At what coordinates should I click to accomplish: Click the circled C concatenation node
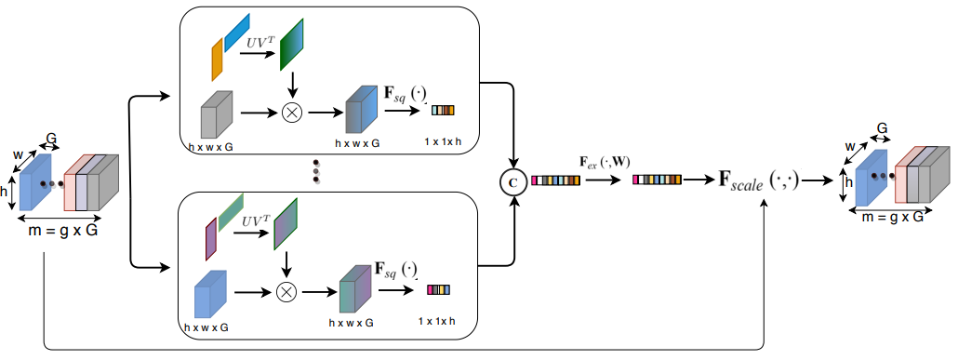click(512, 180)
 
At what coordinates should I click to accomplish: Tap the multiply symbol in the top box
click(292, 113)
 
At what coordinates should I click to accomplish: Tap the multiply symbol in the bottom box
click(286, 292)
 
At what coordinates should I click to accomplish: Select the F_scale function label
click(759, 180)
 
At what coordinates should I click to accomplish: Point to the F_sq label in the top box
click(404, 95)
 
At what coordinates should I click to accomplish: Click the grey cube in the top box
click(217, 114)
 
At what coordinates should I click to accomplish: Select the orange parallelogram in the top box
click(217, 60)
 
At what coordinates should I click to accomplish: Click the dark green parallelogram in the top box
click(291, 44)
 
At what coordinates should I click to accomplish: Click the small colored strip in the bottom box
click(438, 289)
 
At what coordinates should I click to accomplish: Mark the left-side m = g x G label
click(63, 231)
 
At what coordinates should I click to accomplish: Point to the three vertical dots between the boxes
click(316, 171)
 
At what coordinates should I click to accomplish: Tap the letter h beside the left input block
click(5, 191)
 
